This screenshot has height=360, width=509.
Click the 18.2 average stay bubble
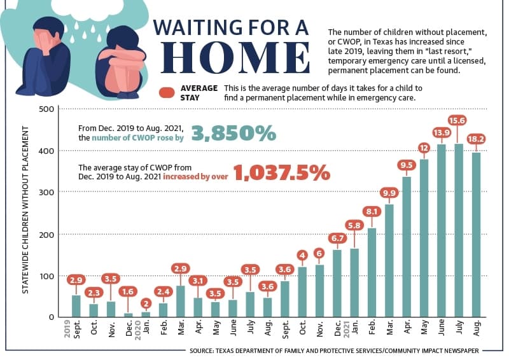(476, 139)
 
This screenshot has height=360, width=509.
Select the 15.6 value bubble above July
(457, 120)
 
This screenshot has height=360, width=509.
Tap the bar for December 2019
(129, 315)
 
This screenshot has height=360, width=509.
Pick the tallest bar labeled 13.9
(442, 230)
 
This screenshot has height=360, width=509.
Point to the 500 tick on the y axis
(46, 109)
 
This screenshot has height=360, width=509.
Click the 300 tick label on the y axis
(46, 192)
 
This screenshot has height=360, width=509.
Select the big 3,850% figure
(234, 133)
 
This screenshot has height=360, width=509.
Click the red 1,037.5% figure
(281, 172)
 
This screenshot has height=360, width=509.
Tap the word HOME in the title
(235, 58)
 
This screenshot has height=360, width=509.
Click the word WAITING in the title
(197, 27)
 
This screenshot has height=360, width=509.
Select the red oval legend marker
(167, 93)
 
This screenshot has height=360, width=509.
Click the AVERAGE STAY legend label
(199, 93)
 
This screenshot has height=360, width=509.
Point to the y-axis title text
(25, 210)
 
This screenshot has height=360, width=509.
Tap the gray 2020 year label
(137, 330)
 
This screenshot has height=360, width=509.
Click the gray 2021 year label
(346, 329)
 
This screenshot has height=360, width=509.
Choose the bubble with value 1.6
(128, 291)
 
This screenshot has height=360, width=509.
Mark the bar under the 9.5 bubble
(407, 247)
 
